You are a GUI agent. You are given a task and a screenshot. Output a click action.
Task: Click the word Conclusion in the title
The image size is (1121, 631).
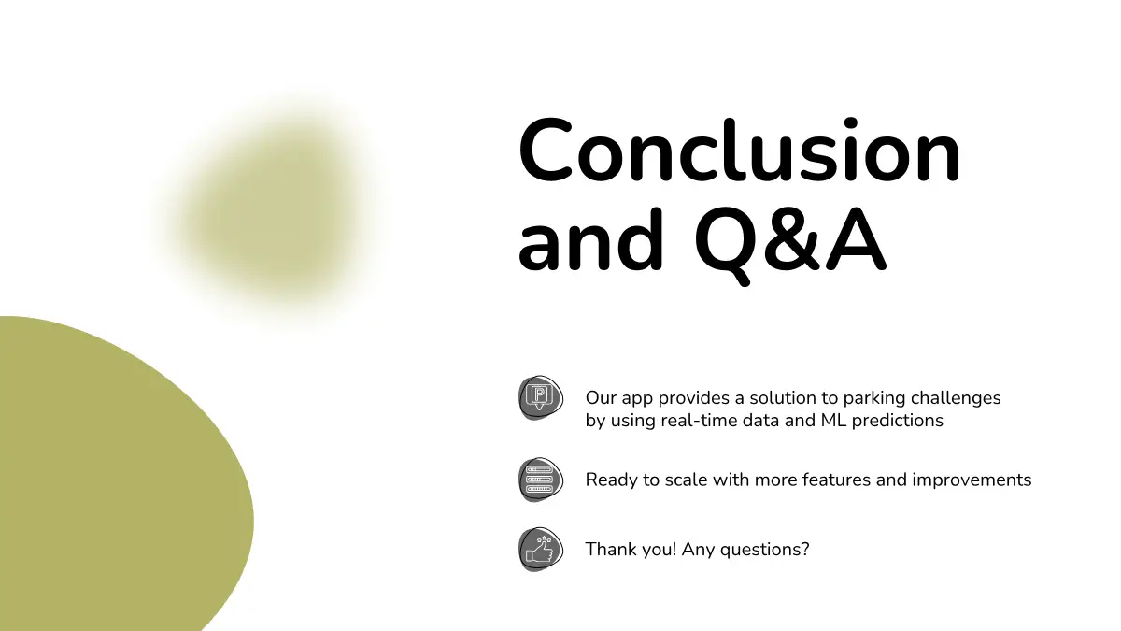coord(739,150)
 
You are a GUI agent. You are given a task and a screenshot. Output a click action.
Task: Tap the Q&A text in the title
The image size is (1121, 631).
coord(790,243)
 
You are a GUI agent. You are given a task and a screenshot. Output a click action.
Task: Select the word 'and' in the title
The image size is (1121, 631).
coord(591,239)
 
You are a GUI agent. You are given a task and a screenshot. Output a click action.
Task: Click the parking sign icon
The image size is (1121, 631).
coord(541,398)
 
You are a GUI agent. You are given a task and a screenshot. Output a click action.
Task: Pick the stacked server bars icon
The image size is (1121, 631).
coord(541,480)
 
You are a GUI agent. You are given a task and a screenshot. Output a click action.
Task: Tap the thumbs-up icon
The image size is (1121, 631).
coord(541,550)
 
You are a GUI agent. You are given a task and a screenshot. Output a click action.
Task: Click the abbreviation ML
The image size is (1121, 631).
coord(833,421)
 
